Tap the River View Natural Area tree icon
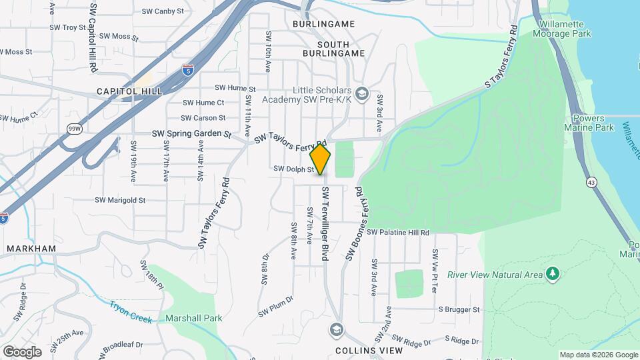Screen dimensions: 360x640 (551, 273)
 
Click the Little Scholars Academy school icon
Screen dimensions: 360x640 (361, 93)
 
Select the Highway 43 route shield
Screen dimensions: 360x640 (591, 181)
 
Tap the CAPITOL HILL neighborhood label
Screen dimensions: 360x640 (125, 91)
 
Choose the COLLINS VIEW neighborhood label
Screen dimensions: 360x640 (369, 350)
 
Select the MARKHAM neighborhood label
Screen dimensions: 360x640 (31, 248)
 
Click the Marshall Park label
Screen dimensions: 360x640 (194, 318)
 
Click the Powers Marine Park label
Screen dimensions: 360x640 (589, 123)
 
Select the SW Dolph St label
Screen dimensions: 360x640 (293, 169)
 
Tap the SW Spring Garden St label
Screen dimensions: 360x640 (191, 133)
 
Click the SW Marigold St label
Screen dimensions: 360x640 (120, 199)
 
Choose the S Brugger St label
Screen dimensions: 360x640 (459, 309)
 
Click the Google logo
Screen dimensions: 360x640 (22, 351)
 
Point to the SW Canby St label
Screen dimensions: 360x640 (163, 11)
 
